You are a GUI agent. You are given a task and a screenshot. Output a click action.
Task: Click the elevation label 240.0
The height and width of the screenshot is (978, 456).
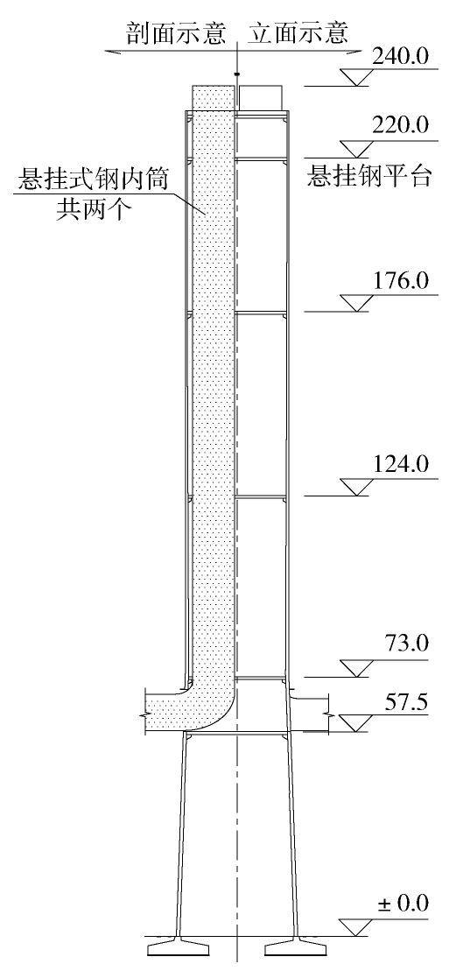(401, 57)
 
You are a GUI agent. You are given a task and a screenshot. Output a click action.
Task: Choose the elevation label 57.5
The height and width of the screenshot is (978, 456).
(405, 702)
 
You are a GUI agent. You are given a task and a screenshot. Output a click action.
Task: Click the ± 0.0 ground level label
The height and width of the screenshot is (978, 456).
(403, 904)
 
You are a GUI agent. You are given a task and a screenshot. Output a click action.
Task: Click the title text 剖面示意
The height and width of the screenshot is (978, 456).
(176, 33)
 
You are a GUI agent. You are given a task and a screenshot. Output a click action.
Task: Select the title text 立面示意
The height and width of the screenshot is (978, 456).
(298, 33)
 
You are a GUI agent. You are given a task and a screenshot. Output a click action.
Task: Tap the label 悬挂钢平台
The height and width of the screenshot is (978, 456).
(368, 177)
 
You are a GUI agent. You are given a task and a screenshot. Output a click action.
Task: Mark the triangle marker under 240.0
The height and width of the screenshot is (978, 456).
(356, 77)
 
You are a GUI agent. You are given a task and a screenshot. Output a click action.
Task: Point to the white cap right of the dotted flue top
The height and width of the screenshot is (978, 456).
(261, 98)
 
